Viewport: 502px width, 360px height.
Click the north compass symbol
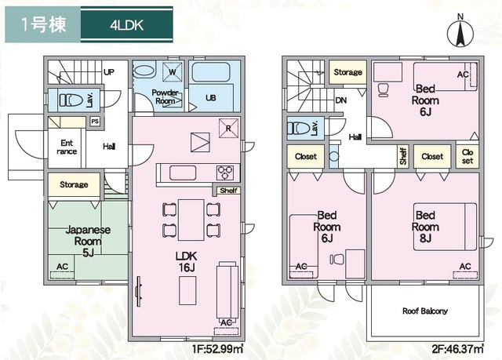tap(460, 33)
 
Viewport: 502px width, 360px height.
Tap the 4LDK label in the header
tap(127, 25)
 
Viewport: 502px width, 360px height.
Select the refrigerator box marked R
tap(228, 129)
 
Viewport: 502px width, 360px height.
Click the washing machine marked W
tap(173, 72)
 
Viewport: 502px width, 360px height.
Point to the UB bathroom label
tap(211, 98)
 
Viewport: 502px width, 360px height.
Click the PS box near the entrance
tap(95, 122)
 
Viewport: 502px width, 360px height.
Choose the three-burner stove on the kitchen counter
tap(225, 173)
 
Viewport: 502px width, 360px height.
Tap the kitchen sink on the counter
tap(183, 173)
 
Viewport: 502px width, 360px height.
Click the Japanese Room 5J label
tap(88, 241)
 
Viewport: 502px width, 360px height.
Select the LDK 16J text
tap(187, 261)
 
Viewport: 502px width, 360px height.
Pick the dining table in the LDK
tap(191, 220)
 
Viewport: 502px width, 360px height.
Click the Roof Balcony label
tap(425, 311)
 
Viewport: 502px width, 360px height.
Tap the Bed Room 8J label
tap(425, 227)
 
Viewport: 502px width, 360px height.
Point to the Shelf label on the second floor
tap(403, 156)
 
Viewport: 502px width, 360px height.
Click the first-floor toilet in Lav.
tap(70, 100)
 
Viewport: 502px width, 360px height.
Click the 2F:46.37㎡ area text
tap(458, 348)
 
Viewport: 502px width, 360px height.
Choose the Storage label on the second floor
tap(347, 72)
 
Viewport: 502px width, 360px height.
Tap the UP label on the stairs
tap(109, 72)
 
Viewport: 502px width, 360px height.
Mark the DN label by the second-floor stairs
tap(341, 100)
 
